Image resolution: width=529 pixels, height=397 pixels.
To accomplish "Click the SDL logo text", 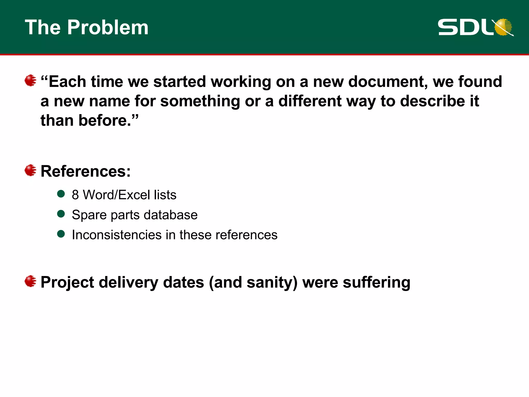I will coord(465,27).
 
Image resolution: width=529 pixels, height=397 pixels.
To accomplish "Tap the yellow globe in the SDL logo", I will coord(503,27).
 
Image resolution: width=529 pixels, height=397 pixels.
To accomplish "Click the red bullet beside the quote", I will coord(30,80).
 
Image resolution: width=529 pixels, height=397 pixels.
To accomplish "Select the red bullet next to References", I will coord(30,170).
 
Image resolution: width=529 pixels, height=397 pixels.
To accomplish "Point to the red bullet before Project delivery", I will coord(30,281).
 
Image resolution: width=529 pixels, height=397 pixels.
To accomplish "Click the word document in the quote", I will coord(388,82).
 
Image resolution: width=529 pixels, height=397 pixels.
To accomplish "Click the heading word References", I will coord(85,171).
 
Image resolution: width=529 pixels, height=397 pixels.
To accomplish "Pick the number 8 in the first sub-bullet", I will coord(75,195).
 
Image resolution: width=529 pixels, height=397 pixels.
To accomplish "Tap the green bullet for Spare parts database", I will coord(61,214).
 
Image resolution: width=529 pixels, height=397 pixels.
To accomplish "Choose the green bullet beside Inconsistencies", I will coord(61,234).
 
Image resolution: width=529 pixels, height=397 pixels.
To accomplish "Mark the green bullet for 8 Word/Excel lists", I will coord(61,194).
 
